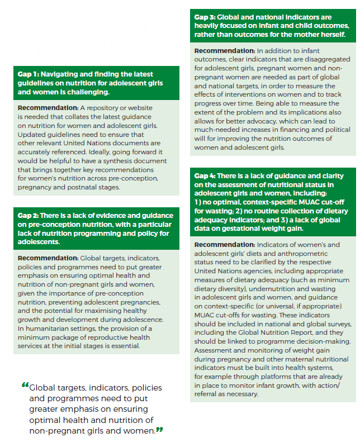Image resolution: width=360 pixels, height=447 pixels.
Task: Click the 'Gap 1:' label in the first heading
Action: coord(29,74)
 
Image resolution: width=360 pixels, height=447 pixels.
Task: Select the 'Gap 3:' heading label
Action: coord(204,17)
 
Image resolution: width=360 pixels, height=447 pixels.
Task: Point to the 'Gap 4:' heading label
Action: coord(204,176)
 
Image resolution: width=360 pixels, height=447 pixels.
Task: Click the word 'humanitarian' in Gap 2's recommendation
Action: coord(61,329)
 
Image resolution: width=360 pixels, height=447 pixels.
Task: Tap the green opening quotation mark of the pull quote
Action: coord(25,385)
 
